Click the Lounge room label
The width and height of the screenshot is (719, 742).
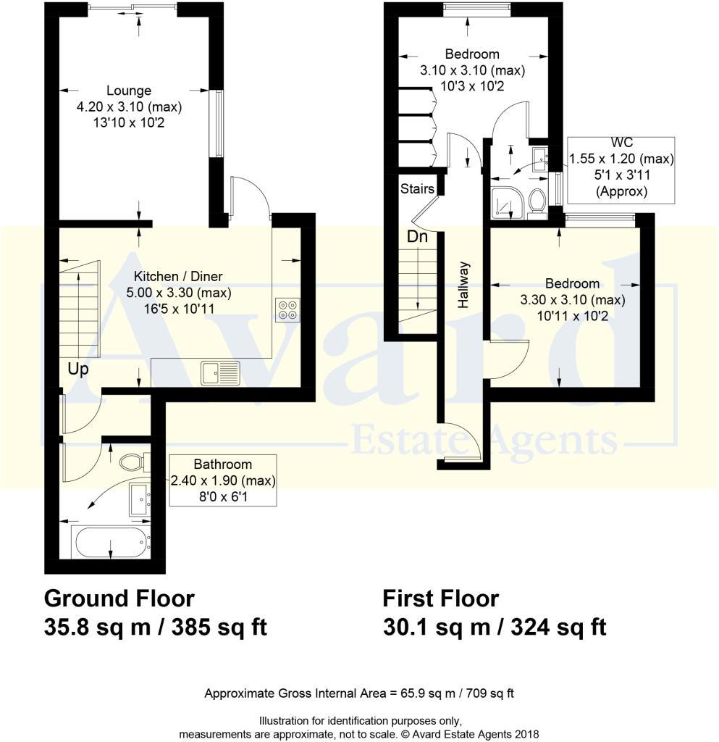click(x=129, y=91)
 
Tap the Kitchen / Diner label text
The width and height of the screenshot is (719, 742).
click(x=177, y=276)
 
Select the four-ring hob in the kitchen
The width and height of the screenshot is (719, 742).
click(x=286, y=309)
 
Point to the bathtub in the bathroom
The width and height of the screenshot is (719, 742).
click(x=111, y=542)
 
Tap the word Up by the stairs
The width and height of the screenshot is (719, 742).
click(x=78, y=369)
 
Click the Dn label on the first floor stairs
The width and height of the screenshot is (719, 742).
click(x=416, y=236)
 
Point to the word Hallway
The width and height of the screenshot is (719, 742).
click(x=463, y=285)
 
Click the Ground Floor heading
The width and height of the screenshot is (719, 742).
click(x=119, y=599)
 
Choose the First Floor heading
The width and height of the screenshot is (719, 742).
click(x=440, y=599)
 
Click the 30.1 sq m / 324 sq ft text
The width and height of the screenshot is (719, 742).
click(x=494, y=627)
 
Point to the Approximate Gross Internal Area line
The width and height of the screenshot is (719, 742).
click(x=359, y=693)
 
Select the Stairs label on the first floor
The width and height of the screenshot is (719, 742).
click(x=417, y=189)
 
